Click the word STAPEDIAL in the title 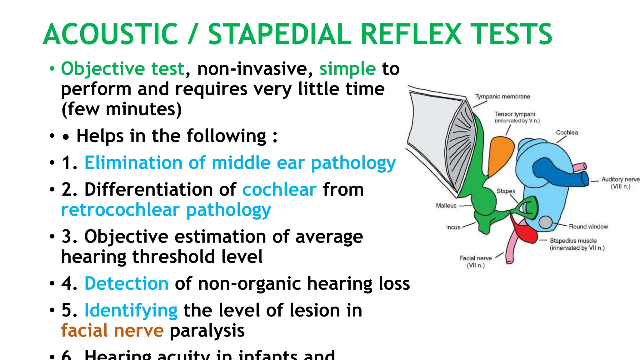coord(280,34)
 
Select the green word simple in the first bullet coord(347,68)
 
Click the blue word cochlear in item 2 coord(279,189)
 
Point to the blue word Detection coord(127,283)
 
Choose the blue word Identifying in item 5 coord(131,310)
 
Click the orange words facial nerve coord(112,331)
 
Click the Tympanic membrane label coord(502,97)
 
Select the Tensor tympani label coord(515,114)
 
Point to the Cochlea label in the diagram coord(567,132)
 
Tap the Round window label coord(588,227)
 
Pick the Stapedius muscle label coord(573,241)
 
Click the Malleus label coord(446,206)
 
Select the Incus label coord(453,227)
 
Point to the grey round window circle coord(546,222)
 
